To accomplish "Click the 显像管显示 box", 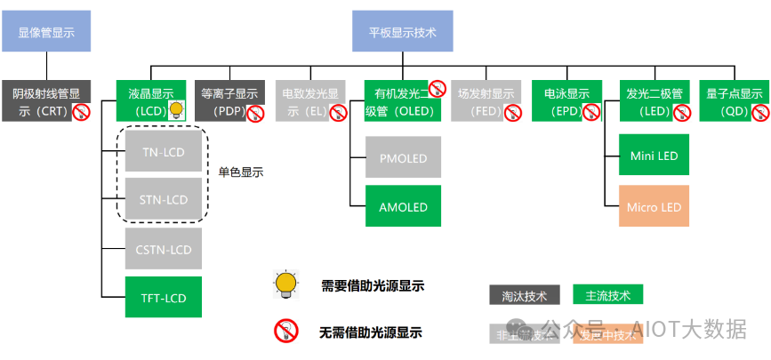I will pyautogui.click(x=46, y=31).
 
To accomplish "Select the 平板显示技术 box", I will pyautogui.click(x=403, y=31).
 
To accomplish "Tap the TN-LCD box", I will pyautogui.click(x=164, y=153).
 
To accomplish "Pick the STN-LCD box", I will pyautogui.click(x=164, y=199).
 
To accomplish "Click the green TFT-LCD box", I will pyautogui.click(x=164, y=298).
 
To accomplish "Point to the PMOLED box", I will pyautogui.click(x=403, y=158).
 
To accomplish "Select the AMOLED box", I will pyautogui.click(x=403, y=207).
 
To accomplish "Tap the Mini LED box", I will pyautogui.click(x=654, y=156).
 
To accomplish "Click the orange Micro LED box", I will pyautogui.click(x=654, y=207).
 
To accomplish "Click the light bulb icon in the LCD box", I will pyautogui.click(x=177, y=110).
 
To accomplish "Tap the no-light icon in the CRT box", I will pyautogui.click(x=82, y=112).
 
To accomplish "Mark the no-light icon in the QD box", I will pyautogui.click(x=760, y=112).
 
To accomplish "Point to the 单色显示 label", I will pyautogui.click(x=241, y=172).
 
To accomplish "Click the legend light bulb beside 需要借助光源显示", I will pyautogui.click(x=285, y=283).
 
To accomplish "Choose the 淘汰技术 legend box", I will pyautogui.click(x=525, y=295).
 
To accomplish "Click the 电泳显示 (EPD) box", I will pyautogui.click(x=567, y=100).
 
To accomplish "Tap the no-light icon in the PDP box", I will pyautogui.click(x=255, y=112).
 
